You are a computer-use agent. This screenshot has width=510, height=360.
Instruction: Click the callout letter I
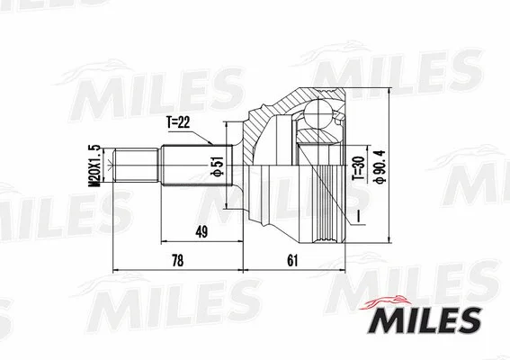(359, 216)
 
